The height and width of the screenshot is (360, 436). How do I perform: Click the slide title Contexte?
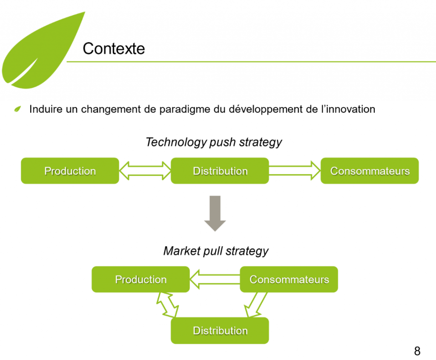[x=114, y=49]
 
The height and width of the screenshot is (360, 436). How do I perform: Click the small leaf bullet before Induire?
[x=17, y=109]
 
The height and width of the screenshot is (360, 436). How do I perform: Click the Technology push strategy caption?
[x=214, y=142]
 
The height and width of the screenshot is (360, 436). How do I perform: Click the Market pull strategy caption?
[x=216, y=251]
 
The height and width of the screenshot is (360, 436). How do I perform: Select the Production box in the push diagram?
[x=70, y=171]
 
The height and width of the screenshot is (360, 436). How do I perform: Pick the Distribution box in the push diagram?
[x=220, y=171]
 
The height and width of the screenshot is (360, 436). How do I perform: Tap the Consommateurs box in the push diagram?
[x=370, y=171]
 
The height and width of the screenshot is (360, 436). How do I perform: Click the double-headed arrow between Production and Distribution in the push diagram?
[x=145, y=171]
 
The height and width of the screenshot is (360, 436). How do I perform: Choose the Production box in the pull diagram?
[x=141, y=279]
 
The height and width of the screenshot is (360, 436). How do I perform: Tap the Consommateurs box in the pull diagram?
[x=289, y=279]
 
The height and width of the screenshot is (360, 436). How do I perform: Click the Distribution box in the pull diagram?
[x=220, y=331]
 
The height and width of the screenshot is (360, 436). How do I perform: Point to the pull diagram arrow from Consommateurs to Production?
[x=215, y=279]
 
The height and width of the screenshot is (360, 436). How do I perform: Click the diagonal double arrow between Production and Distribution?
[x=168, y=304]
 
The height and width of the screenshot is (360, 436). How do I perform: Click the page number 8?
[x=417, y=351]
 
